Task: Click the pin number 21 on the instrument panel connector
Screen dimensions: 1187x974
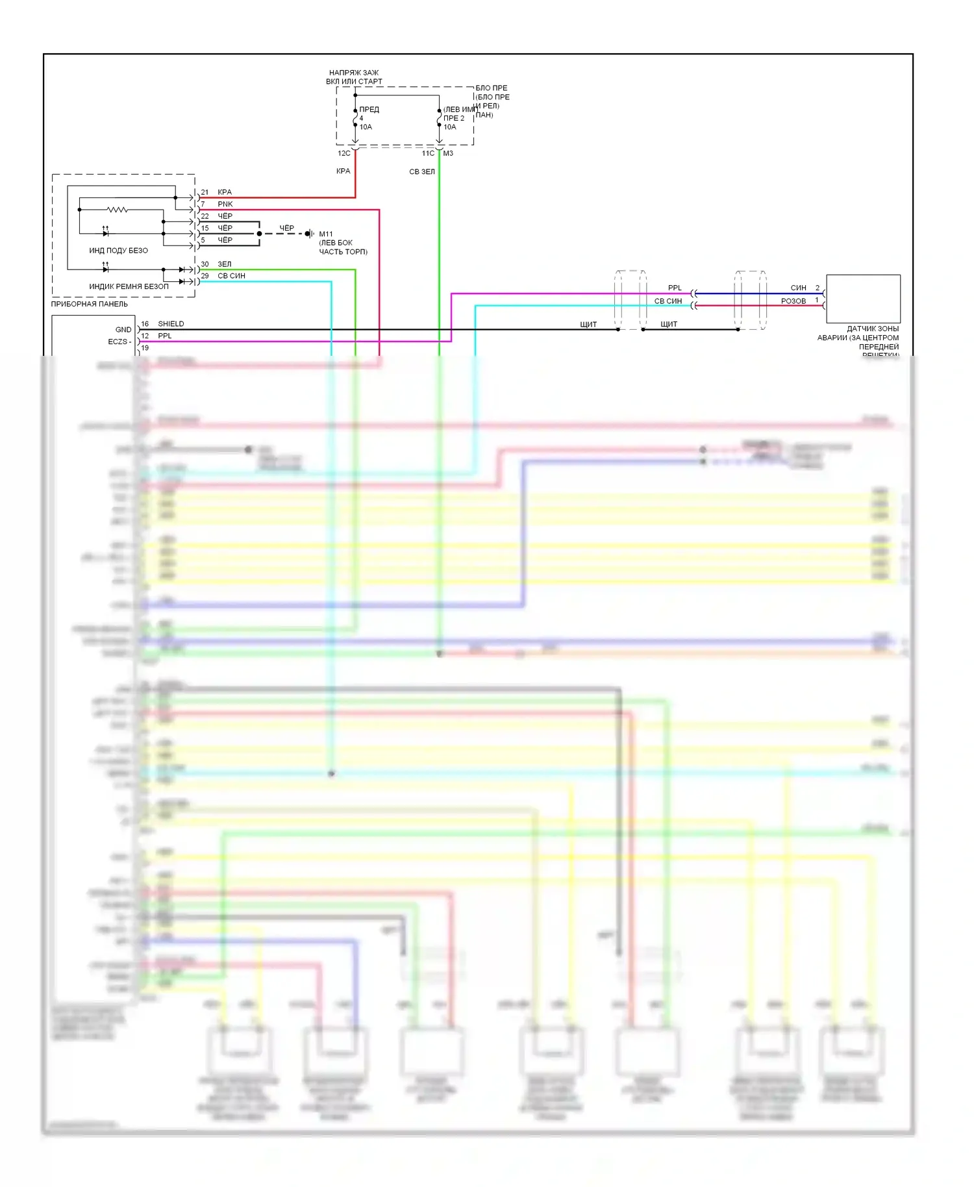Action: [x=205, y=192]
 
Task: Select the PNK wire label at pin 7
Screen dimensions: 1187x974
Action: [x=225, y=204]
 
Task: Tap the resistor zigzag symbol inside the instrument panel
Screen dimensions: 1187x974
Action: [x=118, y=210]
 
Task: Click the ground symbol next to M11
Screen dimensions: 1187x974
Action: [x=310, y=234]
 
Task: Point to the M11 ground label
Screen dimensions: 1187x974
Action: [x=326, y=234]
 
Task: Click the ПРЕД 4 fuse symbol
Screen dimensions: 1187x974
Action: [x=355, y=119]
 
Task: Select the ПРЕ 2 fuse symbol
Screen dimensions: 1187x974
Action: [x=440, y=119]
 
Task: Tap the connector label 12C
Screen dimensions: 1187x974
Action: [x=343, y=154]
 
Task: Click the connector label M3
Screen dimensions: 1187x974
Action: [x=448, y=154]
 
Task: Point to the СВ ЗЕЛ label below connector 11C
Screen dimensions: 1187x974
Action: [x=422, y=172]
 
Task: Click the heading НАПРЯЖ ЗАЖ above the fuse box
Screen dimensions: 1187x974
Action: [x=354, y=73]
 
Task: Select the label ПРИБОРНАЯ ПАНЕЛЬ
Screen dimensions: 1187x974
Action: [x=90, y=304]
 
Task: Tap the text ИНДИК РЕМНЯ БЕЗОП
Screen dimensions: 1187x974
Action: [x=129, y=286]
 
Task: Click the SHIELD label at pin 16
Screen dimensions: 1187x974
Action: [x=171, y=324]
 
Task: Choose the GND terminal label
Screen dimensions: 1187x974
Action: [x=123, y=330]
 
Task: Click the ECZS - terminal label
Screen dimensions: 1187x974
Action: [x=119, y=342]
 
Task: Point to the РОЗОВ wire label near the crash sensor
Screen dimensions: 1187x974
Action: [x=793, y=301]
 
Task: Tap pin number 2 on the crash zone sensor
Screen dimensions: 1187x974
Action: [x=818, y=288]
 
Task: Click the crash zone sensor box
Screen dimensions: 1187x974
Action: [x=863, y=299]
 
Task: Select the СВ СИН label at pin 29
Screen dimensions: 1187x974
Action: [x=231, y=276]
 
